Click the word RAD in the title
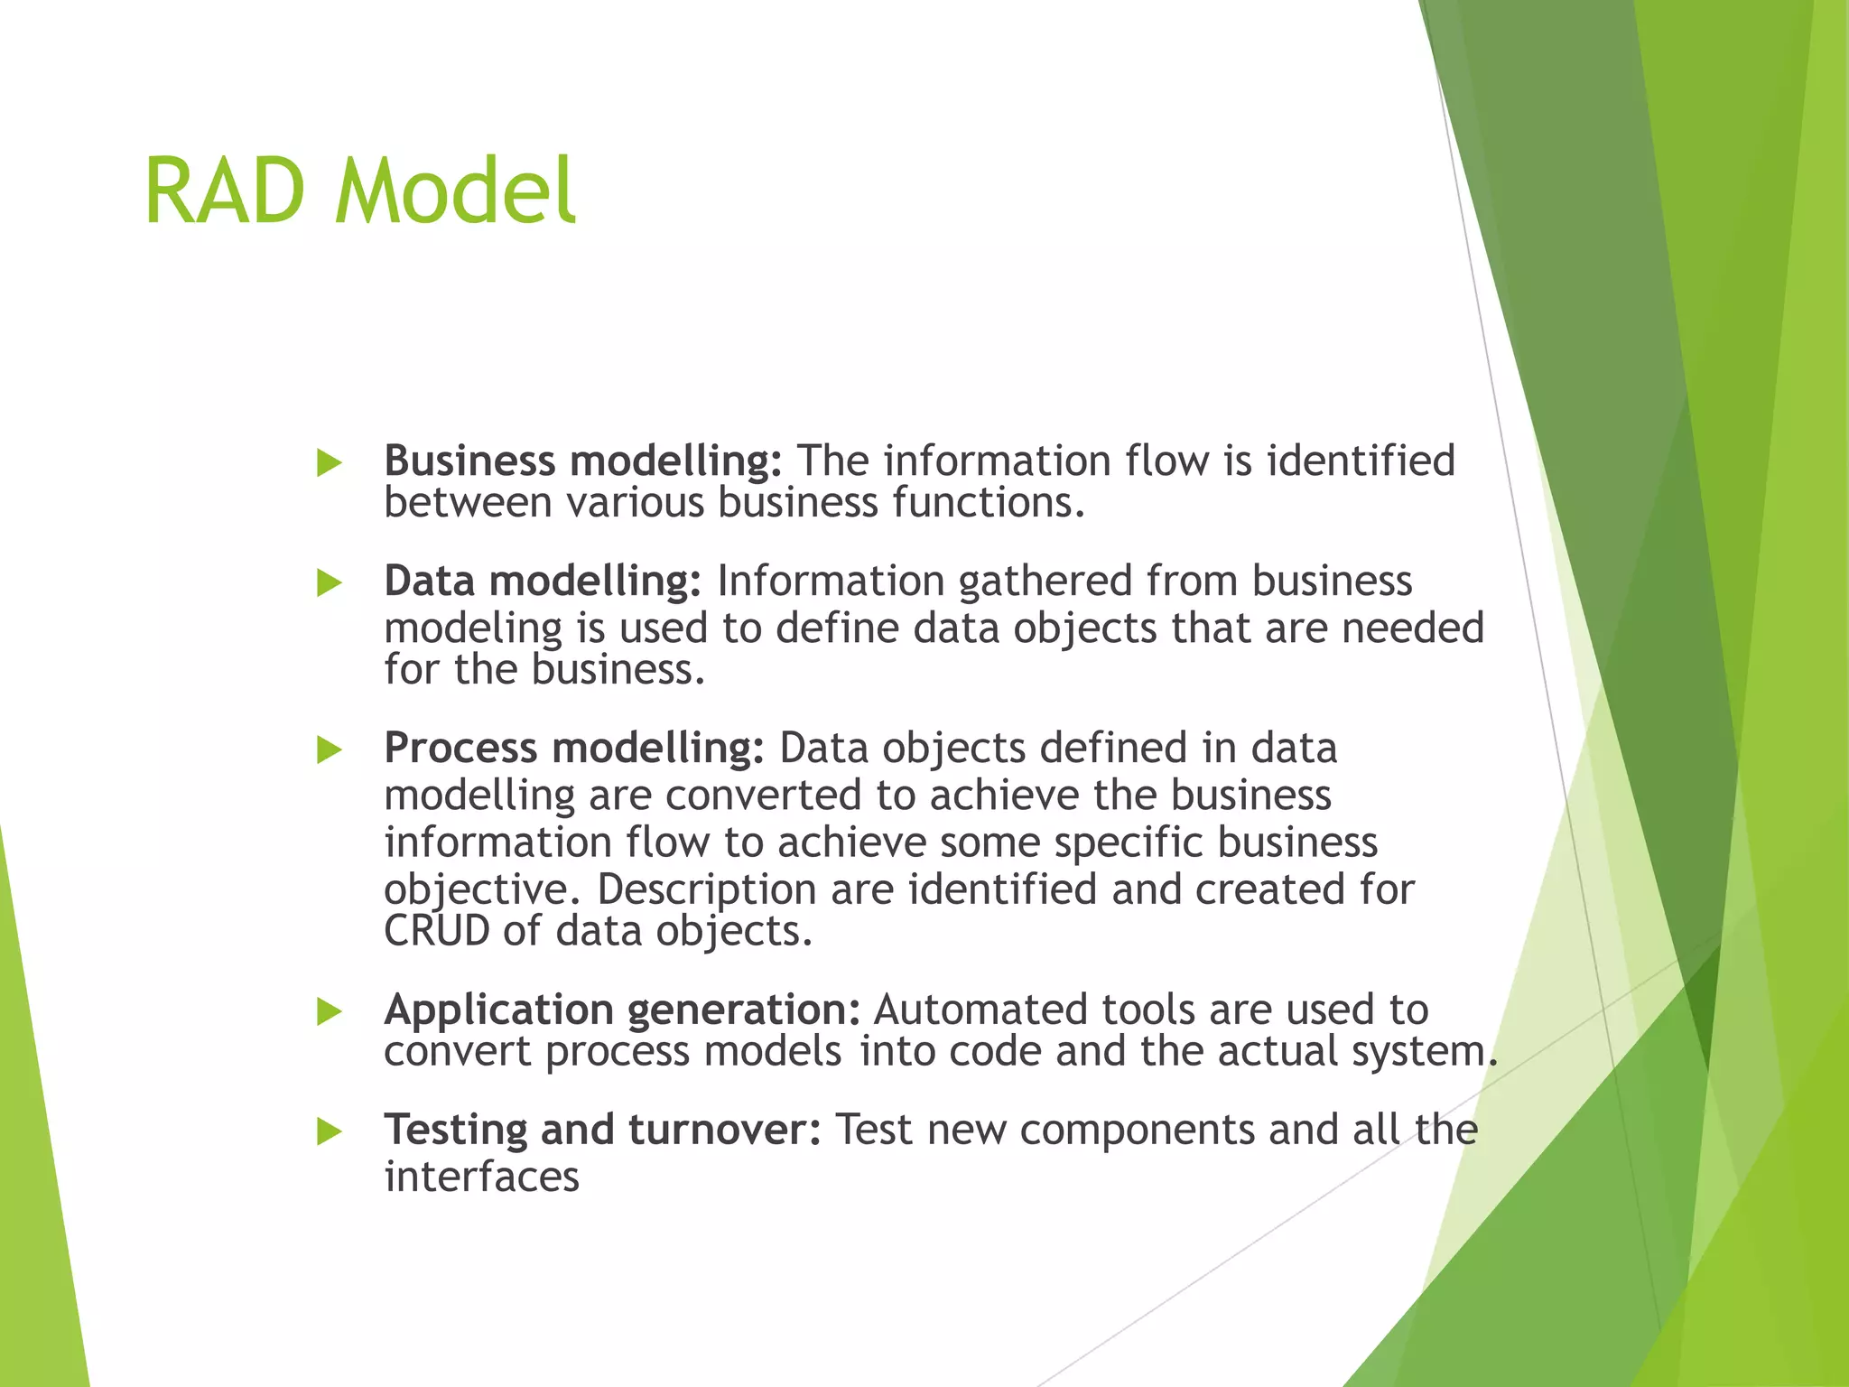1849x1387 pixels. point(224,191)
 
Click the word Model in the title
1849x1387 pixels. point(455,191)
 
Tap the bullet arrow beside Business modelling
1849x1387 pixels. point(330,463)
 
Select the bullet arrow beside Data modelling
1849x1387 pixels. point(330,583)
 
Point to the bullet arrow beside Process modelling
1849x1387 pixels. point(330,749)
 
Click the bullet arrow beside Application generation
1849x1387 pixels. point(330,1011)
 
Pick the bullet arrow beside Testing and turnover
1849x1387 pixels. point(330,1131)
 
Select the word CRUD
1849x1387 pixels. point(437,931)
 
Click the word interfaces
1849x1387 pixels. point(482,1177)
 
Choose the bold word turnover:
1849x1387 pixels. point(725,1130)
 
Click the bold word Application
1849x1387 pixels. point(498,1010)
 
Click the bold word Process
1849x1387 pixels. point(460,748)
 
